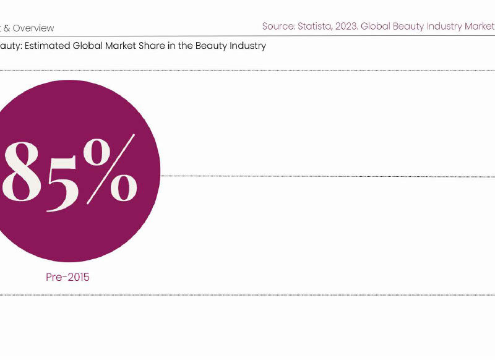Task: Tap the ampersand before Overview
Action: [7, 28]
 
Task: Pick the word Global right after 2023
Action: [377, 27]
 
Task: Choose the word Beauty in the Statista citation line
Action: [411, 27]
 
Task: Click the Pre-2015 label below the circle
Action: [67, 277]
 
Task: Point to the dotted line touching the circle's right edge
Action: [309, 176]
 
